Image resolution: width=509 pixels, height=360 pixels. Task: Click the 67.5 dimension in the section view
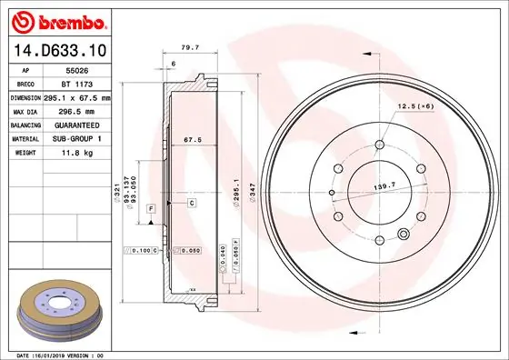[x=191, y=141]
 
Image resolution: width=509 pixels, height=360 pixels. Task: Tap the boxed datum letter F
[x=149, y=209]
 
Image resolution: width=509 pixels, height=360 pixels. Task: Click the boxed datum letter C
[x=193, y=203]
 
